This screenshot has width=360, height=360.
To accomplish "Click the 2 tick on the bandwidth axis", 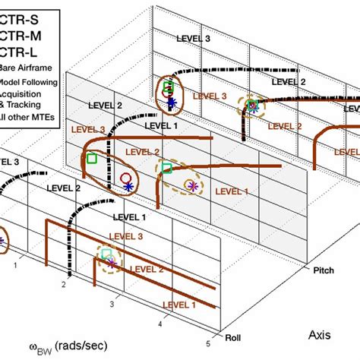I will click(65, 285).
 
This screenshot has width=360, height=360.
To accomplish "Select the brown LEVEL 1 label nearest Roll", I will click(177, 305).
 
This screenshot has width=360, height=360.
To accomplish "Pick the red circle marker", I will click(125, 178).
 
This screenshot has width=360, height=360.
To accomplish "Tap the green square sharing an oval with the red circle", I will click(92, 159).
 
